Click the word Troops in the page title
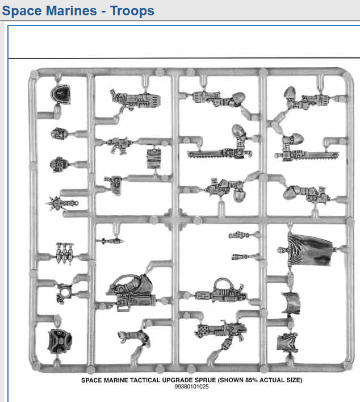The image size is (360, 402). pos(132,11)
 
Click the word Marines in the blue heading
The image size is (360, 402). pos(72,11)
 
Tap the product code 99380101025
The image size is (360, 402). pos(191,387)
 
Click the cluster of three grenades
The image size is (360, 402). pos(64,253)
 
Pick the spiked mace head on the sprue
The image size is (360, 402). pos(55,203)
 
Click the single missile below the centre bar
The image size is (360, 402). pos(111,241)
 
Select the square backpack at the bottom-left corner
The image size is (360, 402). pos(60,341)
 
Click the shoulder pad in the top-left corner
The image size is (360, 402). pos(61,95)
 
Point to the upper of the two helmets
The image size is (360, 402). pos(60,133)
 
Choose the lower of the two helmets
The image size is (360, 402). pos(59,164)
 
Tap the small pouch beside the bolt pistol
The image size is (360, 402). pos(154,159)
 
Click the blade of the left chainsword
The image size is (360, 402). pos(205,154)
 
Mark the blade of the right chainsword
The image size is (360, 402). pos(320,155)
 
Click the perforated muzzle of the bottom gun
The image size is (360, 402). pos(203,329)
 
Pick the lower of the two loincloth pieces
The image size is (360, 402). pos(287,342)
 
